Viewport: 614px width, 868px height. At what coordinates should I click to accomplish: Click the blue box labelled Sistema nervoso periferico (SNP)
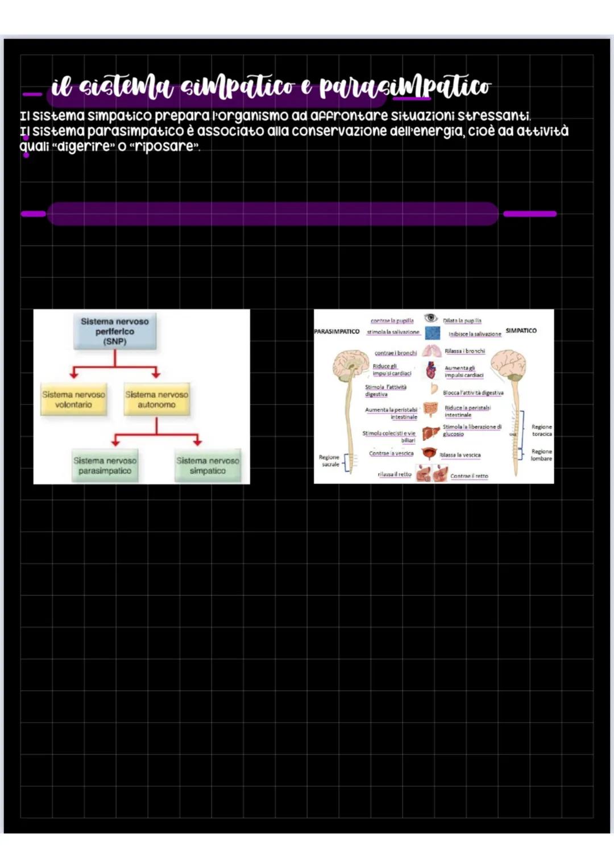[x=115, y=331]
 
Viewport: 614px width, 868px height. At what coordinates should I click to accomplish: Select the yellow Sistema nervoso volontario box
[x=73, y=399]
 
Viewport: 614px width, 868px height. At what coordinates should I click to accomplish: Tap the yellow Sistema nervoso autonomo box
[x=156, y=399]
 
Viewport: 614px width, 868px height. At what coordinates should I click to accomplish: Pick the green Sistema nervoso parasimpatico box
[x=105, y=466]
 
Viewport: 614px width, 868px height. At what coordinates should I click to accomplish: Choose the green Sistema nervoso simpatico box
[x=208, y=466]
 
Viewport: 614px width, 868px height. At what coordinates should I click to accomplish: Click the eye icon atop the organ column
[x=431, y=318]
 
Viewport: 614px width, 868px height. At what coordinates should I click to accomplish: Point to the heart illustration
[x=432, y=370]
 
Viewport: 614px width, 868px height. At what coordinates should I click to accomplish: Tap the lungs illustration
[x=432, y=351]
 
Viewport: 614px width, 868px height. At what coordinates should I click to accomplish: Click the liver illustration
[x=431, y=433]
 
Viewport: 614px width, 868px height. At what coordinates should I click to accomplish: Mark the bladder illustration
[x=429, y=454]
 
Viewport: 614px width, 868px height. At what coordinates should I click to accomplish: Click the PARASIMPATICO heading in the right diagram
[x=337, y=331]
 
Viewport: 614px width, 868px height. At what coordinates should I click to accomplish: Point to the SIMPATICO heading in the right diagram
[x=521, y=330]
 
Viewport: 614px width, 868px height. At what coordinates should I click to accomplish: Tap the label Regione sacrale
[x=329, y=461]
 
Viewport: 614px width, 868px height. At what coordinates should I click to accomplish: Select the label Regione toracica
[x=541, y=430]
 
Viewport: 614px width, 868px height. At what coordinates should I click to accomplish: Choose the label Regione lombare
[x=541, y=455]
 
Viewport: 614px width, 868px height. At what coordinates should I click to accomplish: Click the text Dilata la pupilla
[x=462, y=321]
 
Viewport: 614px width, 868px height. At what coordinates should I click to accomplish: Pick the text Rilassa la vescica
[x=460, y=455]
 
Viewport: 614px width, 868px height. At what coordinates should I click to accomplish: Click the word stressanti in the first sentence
[x=494, y=116]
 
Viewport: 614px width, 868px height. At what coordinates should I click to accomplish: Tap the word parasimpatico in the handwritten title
[x=405, y=87]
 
